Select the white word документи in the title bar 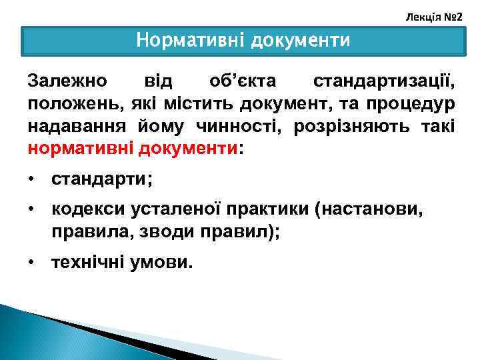300,41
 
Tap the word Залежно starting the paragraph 67,81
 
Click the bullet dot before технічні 31,263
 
